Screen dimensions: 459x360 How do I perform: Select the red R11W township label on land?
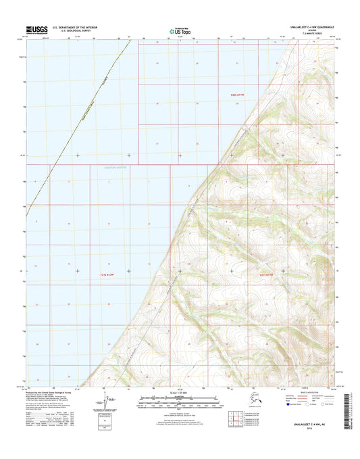coord(269,274)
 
